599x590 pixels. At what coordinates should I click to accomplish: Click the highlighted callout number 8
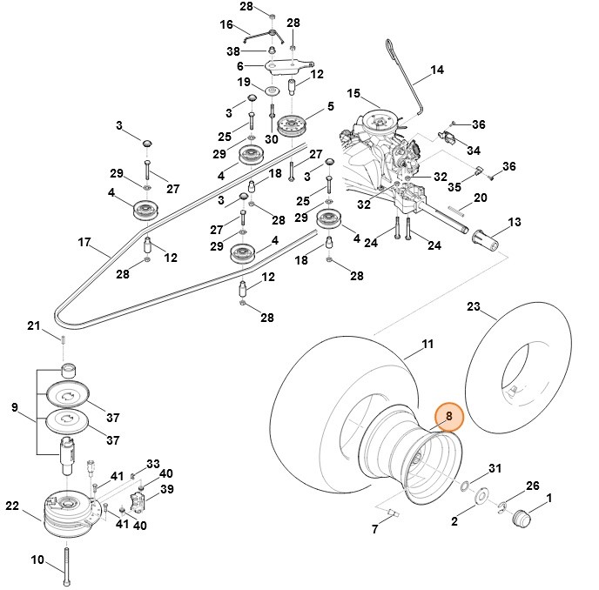point(449,417)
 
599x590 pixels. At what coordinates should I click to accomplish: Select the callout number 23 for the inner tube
point(473,306)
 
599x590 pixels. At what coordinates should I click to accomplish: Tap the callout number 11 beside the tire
point(427,345)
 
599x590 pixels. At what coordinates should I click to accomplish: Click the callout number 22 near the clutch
point(11,506)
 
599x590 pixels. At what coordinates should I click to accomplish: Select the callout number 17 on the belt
point(84,241)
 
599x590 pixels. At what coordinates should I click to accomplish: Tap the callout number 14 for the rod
point(437,69)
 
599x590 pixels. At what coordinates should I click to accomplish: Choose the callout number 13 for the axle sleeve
point(515,223)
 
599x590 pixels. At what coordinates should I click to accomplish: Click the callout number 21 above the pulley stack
point(33,326)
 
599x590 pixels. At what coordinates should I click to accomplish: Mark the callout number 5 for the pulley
point(330,106)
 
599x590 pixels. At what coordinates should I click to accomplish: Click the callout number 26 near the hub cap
point(533,485)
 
